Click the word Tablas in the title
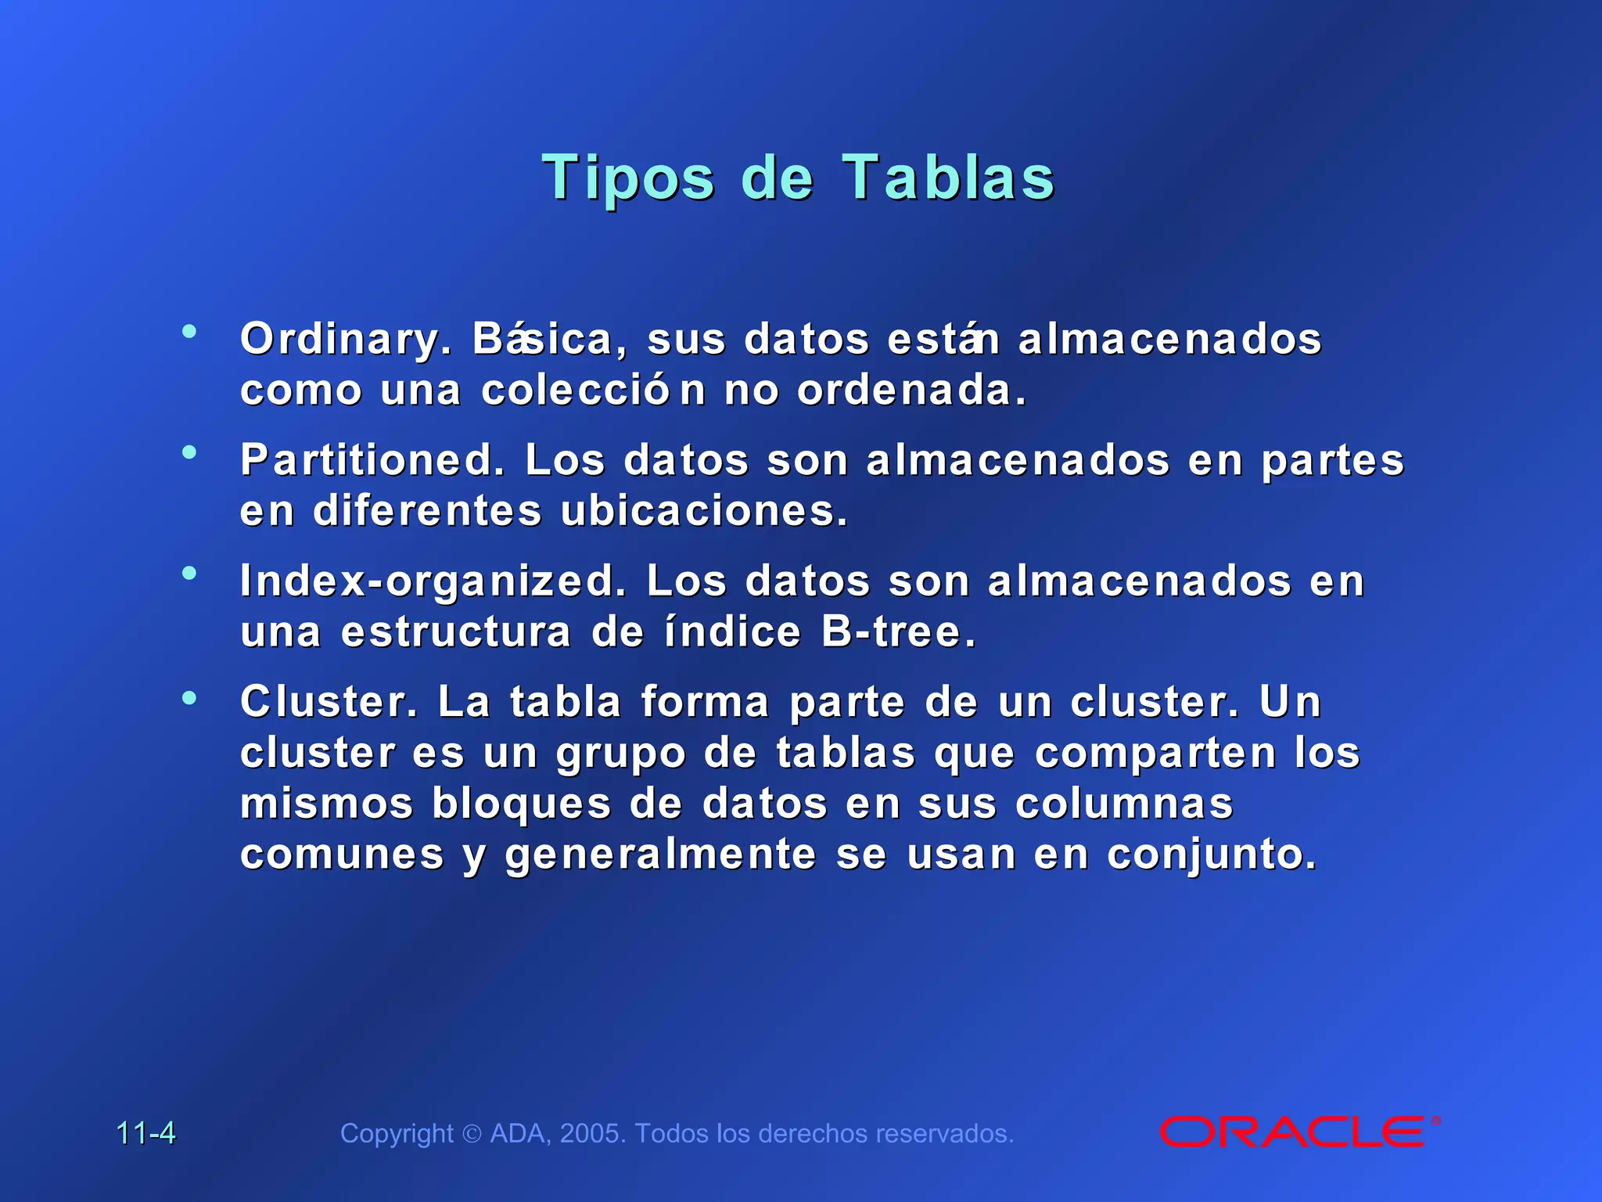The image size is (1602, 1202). pos(948,178)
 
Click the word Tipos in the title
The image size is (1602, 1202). pos(628,178)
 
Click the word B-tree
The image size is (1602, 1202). pos(898,632)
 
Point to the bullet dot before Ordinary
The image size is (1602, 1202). pos(189,332)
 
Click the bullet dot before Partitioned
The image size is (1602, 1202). pos(189,452)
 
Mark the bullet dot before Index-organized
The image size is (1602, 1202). pos(189,574)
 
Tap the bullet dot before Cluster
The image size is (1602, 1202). pos(189,696)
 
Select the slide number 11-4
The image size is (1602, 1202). pos(146,1133)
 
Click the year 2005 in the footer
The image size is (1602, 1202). pos(592,1133)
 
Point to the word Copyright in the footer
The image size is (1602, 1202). pos(397,1133)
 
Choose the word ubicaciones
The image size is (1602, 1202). pos(704,511)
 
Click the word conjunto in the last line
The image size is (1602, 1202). pos(1212,854)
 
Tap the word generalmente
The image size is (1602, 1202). pos(661,854)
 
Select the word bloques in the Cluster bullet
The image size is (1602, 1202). pos(522,804)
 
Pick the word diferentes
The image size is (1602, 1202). pos(427,511)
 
